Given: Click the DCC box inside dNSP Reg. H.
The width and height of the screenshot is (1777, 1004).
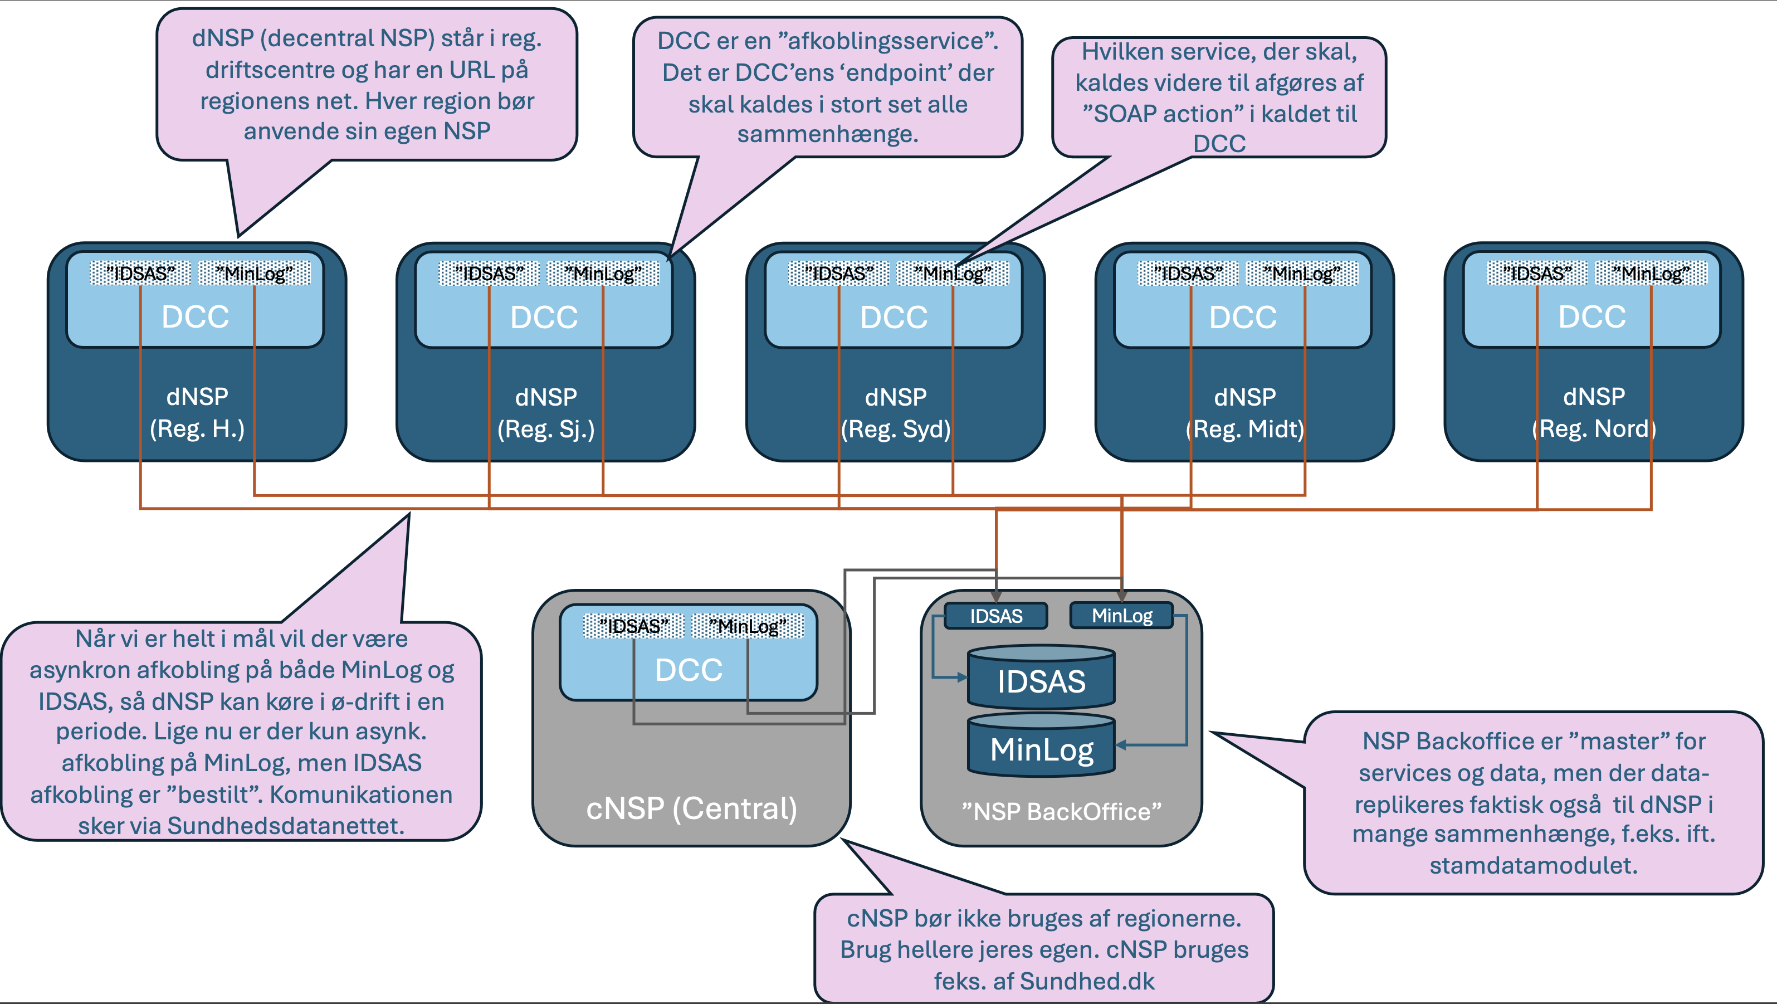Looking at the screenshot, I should pos(195,316).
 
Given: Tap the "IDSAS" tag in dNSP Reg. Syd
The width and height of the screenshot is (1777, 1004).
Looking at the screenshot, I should pos(839,273).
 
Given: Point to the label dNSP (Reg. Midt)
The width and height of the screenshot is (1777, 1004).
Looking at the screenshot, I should pos(1245,413).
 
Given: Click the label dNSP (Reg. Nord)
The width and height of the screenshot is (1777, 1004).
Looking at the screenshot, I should pos(1594,413).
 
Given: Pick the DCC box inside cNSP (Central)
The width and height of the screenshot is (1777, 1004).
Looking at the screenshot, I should pos(689,669).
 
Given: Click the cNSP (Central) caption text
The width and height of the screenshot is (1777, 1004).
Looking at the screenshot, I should pos(691,808).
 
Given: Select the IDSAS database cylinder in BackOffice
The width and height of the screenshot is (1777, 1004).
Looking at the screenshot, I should pos(1041,680).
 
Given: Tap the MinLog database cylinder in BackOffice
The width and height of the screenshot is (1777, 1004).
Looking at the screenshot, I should pos(1041,749).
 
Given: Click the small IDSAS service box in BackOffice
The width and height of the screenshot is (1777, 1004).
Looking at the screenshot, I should pos(996,616).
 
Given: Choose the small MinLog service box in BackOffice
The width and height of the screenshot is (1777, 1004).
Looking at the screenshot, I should pos(1122,616).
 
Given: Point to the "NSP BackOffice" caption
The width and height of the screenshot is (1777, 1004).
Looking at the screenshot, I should pos(1062,811).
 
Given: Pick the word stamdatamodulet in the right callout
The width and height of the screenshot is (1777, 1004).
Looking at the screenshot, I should pos(1533,865).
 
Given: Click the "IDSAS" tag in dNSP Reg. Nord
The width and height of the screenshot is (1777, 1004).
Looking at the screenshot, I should pos(1537,273).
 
